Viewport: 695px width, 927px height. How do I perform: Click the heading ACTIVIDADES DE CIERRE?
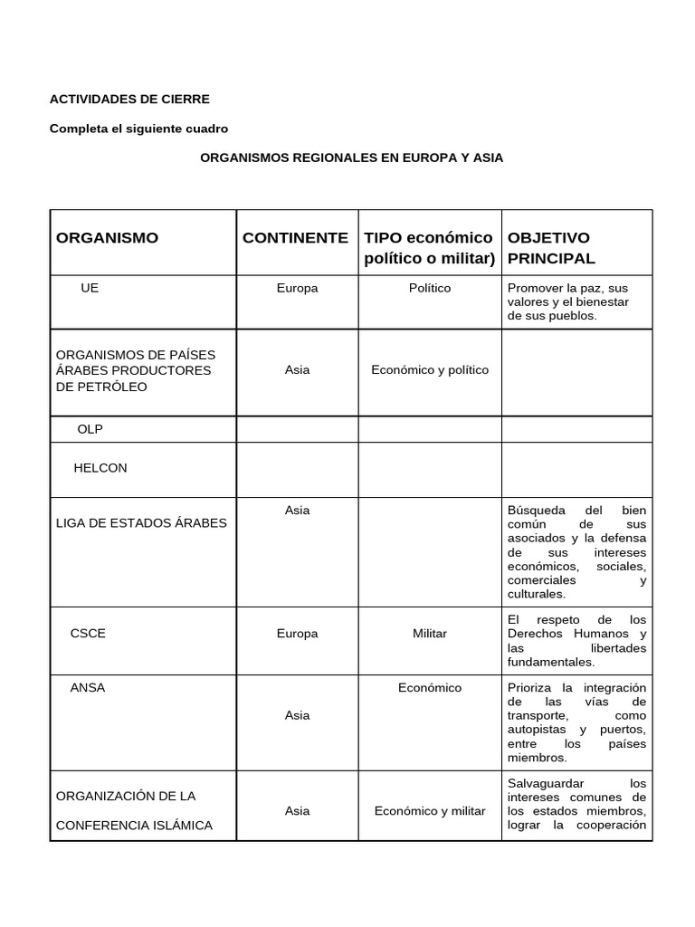tap(129, 99)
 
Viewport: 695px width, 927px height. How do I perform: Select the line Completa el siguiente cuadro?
tap(138, 129)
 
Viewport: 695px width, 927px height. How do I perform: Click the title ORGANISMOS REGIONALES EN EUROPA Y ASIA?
tap(351, 158)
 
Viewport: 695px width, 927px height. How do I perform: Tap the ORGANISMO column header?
tap(107, 238)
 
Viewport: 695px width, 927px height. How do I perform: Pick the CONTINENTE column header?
tap(295, 238)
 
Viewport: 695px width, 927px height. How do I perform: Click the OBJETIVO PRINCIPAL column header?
tap(551, 248)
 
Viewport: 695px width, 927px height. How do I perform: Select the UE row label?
tap(90, 288)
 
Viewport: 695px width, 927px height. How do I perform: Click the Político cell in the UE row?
tap(429, 288)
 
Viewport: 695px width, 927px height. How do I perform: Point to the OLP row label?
tap(90, 429)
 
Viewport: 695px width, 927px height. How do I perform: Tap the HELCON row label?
tap(100, 468)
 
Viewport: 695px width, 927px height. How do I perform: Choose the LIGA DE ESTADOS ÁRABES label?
tap(141, 523)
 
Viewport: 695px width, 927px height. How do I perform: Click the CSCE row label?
tap(88, 633)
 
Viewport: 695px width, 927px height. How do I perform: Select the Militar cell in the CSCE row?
tap(429, 634)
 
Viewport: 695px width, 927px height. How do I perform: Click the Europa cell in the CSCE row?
tap(297, 634)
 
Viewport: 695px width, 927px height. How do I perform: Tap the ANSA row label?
tap(88, 687)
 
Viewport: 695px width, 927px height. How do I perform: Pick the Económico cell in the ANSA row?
tap(429, 688)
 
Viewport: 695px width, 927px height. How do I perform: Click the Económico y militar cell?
tap(429, 811)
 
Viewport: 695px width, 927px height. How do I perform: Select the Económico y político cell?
tap(429, 370)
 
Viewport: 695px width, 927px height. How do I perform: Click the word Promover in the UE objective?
tap(535, 288)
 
